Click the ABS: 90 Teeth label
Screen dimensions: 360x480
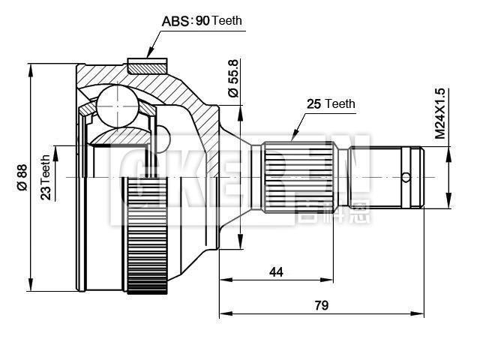click(202, 21)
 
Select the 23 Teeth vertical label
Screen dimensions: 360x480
click(46, 177)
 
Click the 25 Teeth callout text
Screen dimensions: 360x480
click(330, 104)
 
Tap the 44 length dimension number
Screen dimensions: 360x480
click(276, 272)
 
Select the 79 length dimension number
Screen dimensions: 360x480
click(321, 305)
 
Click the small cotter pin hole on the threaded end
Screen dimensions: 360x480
click(406, 178)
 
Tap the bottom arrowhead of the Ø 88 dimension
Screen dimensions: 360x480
click(31, 287)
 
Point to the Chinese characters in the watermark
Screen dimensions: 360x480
click(322, 211)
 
